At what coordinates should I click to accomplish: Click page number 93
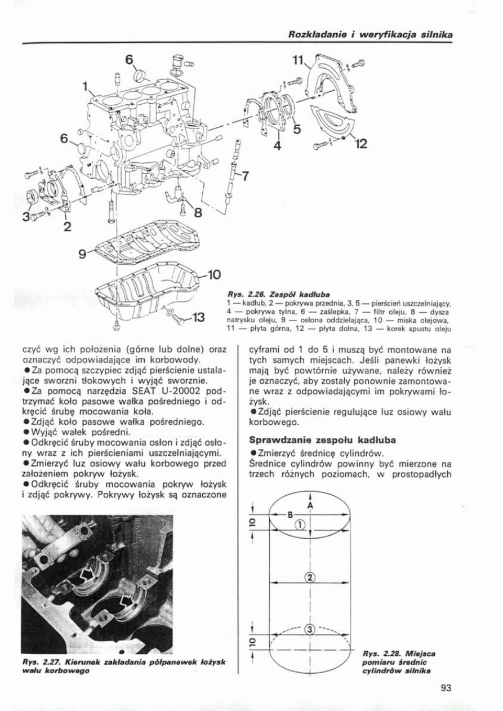pos(447,686)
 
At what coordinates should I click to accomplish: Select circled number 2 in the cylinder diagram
pos(310,576)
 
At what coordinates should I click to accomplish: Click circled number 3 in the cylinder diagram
pos(309,629)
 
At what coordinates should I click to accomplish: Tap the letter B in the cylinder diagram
pos(291,514)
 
